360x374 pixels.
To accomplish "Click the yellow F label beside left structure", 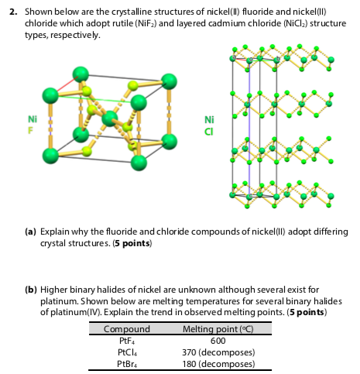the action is pos(31,130).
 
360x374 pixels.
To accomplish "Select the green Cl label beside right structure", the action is pos(208,130).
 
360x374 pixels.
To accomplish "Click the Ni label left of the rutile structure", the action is pos(32,120).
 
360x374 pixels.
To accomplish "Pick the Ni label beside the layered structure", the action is pos(208,119).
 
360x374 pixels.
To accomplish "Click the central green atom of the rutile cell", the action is pos(110,118).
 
